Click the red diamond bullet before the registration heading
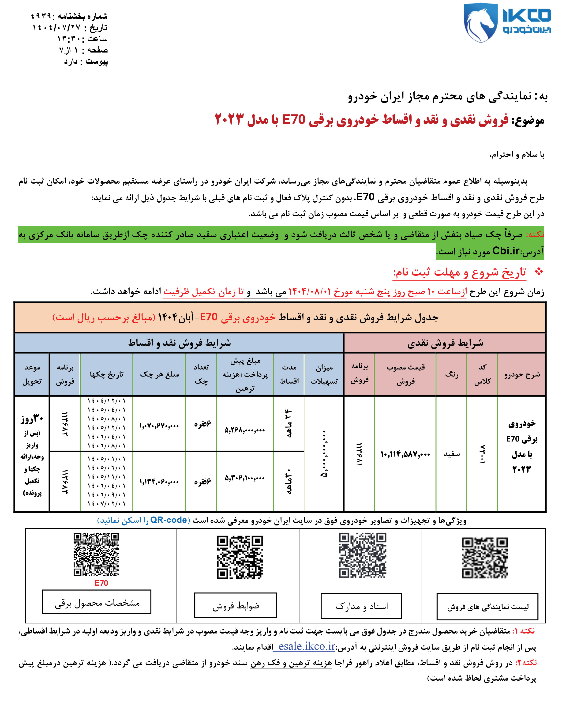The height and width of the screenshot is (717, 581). pos(539,272)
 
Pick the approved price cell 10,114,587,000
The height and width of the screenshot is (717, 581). pos(405,454)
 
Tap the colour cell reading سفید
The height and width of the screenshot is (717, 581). pos(451,454)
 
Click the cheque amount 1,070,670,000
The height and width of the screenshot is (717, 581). pos(159,426)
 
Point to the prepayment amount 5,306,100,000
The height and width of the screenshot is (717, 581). pos(245,478)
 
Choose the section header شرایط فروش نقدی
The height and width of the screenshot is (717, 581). pos(445,343)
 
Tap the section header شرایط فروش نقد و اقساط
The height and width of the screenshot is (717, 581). pos(179,343)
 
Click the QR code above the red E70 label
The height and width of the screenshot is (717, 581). pos(96,554)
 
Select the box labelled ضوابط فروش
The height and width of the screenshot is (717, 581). pos(235,605)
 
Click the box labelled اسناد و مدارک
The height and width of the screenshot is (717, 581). pos(361,606)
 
